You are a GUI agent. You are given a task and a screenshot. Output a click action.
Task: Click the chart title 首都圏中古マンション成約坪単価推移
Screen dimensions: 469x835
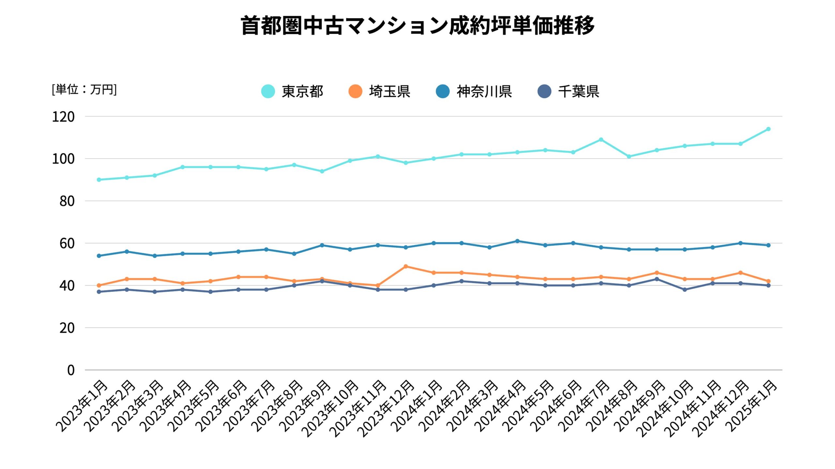pos(417,25)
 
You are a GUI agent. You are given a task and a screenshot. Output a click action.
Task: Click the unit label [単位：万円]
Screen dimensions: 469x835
pos(84,89)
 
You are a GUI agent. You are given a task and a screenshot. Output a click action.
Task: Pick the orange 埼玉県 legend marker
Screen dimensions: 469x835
pos(355,91)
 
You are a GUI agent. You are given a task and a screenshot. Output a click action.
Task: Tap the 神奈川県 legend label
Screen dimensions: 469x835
pos(484,91)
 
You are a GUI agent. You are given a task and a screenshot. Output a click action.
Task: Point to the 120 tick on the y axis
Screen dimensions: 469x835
pos(63,117)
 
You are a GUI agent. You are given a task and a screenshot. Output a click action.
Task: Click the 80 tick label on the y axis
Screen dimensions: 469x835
pos(67,201)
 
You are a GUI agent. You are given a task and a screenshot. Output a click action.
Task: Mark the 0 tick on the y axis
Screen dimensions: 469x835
pos(71,370)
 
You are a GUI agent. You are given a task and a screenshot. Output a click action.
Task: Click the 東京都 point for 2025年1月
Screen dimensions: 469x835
pos(768,129)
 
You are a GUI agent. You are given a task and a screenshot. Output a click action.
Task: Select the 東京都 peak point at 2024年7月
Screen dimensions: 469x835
pos(601,140)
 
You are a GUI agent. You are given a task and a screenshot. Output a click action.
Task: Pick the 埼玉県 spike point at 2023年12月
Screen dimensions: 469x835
pos(406,266)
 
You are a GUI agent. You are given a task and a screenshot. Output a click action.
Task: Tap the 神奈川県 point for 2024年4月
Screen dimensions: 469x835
pos(517,241)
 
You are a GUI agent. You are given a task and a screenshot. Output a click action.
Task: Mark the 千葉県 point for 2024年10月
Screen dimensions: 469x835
pos(685,290)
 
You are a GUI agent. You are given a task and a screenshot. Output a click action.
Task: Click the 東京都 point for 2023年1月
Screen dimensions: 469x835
pos(99,180)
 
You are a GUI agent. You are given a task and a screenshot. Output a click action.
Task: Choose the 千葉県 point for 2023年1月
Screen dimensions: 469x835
pos(99,292)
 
